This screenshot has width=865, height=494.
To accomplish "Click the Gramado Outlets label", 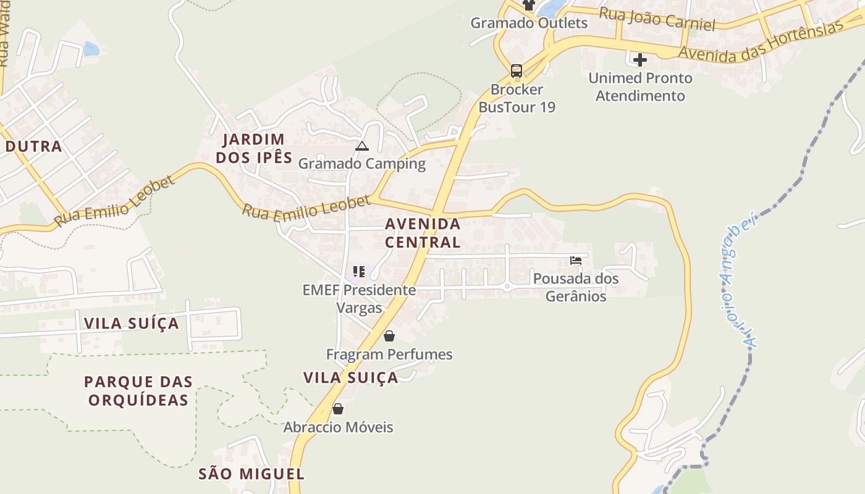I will [x=529, y=23].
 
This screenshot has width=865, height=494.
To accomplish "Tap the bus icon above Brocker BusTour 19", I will [x=517, y=71].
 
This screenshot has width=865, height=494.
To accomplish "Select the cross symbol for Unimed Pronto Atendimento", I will [x=640, y=60].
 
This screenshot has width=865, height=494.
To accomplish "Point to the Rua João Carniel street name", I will [x=657, y=19].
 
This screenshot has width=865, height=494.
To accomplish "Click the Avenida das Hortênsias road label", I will [x=761, y=43].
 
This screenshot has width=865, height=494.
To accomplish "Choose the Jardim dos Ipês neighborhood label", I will [x=254, y=148].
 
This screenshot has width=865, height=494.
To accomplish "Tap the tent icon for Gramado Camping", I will [x=362, y=146].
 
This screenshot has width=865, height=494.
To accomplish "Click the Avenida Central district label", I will [x=423, y=233].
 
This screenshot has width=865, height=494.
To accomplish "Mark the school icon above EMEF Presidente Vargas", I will [x=359, y=271].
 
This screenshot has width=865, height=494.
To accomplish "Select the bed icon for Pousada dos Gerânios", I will [x=576, y=261].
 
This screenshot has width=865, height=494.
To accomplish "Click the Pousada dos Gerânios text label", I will [x=576, y=288].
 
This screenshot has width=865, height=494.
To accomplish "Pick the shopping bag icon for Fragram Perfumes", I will [x=389, y=336].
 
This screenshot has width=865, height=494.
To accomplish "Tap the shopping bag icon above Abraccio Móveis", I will [x=338, y=409].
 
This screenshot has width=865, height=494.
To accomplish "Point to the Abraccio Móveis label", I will [x=338, y=427].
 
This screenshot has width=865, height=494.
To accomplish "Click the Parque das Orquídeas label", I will [x=138, y=391].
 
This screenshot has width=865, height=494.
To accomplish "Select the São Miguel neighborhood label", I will [x=251, y=474].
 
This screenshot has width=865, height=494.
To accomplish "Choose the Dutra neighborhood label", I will [x=34, y=146].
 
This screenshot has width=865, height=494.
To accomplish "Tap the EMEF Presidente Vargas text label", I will [x=359, y=298].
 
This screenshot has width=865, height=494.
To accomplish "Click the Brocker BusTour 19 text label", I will [x=517, y=98].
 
